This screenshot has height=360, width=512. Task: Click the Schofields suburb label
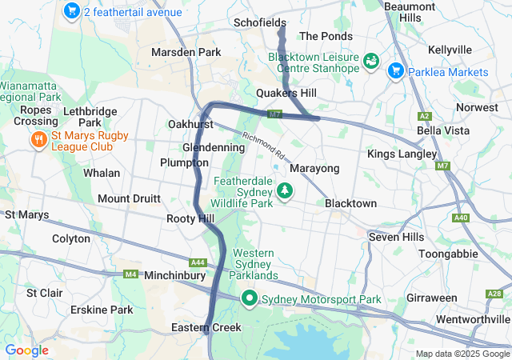(260, 22)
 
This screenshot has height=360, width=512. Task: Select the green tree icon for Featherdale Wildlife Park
(284, 191)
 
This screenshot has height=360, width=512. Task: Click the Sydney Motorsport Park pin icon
(250, 299)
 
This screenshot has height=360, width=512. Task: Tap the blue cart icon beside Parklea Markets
(395, 72)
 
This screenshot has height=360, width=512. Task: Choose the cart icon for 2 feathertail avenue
(71, 12)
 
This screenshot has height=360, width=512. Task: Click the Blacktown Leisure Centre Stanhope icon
(371, 62)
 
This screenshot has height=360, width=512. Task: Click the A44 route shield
(198, 262)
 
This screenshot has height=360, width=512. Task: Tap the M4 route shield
(130, 274)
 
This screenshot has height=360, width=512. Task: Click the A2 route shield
(424, 116)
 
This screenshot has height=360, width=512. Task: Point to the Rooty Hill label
(190, 218)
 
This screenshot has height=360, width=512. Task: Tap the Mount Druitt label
(129, 198)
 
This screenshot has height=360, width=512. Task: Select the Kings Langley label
(402, 154)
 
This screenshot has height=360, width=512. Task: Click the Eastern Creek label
(206, 328)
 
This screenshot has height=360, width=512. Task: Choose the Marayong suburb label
(314, 169)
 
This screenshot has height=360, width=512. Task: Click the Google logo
(26, 350)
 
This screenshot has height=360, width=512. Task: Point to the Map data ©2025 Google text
(461, 354)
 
